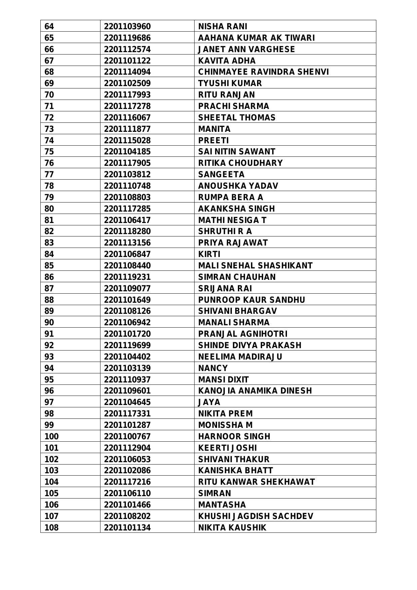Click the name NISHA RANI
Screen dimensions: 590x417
tap(222, 26)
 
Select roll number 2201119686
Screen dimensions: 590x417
tap(127, 38)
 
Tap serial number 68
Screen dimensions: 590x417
tap(49, 72)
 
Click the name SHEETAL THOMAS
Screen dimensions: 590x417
tap(237, 117)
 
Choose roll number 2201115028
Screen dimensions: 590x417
tap(127, 140)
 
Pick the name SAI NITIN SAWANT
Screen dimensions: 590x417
tap(237, 152)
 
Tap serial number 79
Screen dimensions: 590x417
tap(49, 197)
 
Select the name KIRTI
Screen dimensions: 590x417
tap(209, 254)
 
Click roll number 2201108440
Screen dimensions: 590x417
tap(127, 265)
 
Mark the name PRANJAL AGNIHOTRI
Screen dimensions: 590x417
tap(243, 334)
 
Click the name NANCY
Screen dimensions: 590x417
tap(213, 368)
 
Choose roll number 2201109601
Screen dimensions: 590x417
tap(127, 391)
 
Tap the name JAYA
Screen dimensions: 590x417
tap(209, 402)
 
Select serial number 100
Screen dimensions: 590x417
tap(51, 436)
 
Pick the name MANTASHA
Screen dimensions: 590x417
tap(222, 505)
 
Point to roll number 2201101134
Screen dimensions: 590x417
tap(127, 527)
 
